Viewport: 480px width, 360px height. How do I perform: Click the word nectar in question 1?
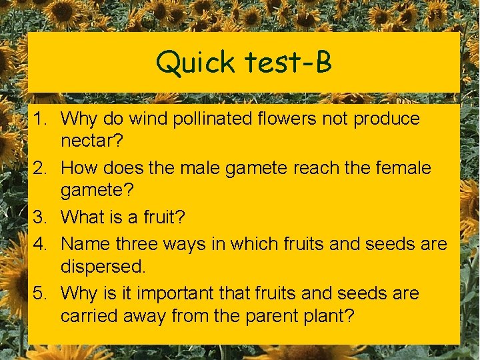[89, 141]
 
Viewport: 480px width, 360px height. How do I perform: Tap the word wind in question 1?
[150, 119]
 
